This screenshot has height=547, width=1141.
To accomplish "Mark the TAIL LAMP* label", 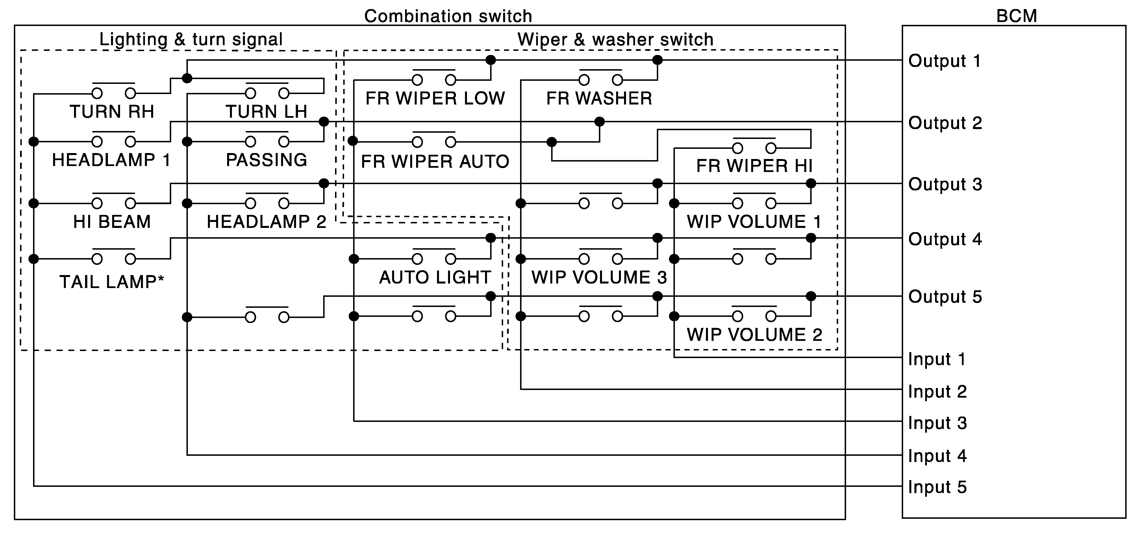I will point(112,282).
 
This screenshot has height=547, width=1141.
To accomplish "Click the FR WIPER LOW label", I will point(435,98).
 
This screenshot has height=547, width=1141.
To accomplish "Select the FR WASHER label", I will point(599,98).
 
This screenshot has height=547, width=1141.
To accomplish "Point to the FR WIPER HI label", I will point(754,166).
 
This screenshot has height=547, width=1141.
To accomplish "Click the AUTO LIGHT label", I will point(435,277).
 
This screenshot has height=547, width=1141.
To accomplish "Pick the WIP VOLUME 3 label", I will point(599,277).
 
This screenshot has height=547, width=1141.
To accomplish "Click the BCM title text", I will point(1016,16).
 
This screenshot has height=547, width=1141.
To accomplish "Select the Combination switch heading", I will point(448,16).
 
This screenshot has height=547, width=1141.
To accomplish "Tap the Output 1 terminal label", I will point(944,61).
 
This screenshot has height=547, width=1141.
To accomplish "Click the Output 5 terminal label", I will point(945,297).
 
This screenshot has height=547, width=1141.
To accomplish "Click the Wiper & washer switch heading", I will point(615,40).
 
